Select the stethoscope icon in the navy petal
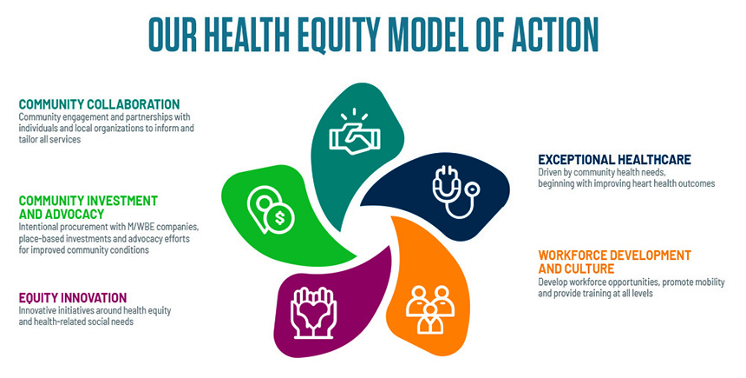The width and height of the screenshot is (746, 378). pos(455,191)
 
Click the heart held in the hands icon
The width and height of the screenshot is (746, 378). pos(313,313)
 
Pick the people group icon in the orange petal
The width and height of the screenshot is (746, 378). pos(430,309)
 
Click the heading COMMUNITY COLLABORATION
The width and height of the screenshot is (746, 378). pos(100,104)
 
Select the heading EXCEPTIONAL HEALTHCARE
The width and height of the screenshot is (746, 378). pos(615,159)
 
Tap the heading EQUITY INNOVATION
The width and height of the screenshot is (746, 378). pos(73,298)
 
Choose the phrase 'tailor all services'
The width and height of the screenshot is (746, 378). pos(50,140)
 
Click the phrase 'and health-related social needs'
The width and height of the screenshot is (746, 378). pos(76,322)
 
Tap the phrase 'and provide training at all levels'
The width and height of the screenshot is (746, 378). pos(595,293)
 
